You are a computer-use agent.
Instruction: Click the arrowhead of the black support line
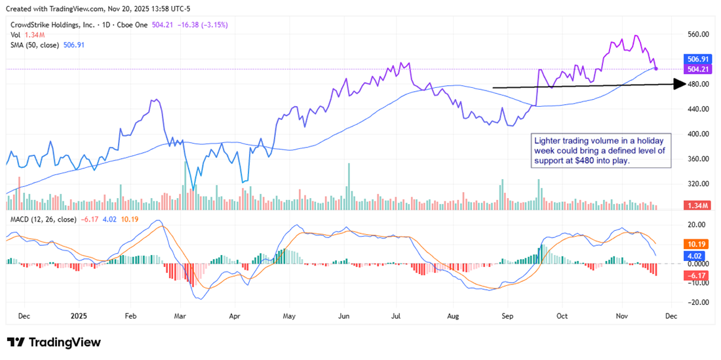click(x=679, y=84)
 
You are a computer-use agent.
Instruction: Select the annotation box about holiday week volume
click(x=600, y=151)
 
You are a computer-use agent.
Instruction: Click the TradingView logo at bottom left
click(x=54, y=342)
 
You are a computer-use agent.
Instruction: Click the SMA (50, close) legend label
click(x=34, y=45)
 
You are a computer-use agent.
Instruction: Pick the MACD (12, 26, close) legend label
click(x=43, y=219)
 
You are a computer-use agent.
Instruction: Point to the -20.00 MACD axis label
click(x=699, y=303)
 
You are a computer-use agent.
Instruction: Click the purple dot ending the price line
click(x=656, y=68)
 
